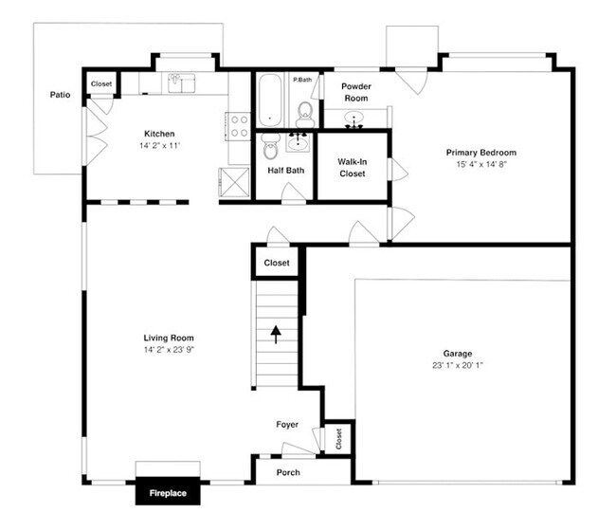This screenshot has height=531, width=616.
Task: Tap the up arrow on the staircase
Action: [276, 334]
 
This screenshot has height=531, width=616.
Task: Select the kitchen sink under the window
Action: [181, 83]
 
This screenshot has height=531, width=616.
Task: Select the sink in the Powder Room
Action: [355, 120]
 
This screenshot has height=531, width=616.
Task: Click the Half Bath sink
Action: [299, 142]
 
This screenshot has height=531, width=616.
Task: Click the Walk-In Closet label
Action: [352, 167]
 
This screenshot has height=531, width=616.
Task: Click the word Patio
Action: [60, 95]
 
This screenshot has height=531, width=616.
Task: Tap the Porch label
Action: [288, 471]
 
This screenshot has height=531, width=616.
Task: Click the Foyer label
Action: [287, 424]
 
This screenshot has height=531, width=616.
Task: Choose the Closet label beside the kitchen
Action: [101, 83]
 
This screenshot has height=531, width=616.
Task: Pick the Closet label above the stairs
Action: [277, 263]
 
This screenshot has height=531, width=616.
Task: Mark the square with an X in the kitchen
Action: [232, 180]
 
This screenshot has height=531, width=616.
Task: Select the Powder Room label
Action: [356, 92]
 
